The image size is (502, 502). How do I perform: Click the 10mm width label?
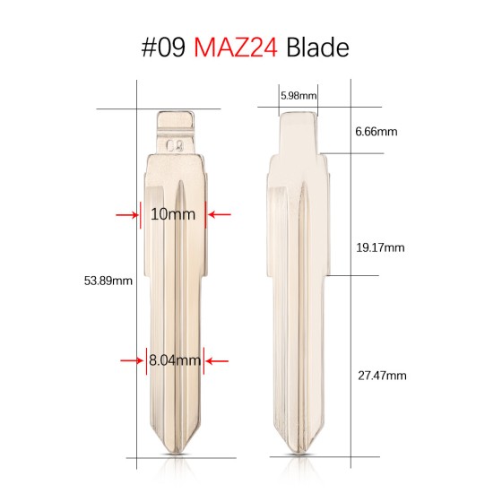(x=173, y=214)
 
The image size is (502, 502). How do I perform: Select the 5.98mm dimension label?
(x=298, y=95)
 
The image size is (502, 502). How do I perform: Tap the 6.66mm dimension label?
(x=376, y=131)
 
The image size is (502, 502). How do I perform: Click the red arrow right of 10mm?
(x=219, y=214)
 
